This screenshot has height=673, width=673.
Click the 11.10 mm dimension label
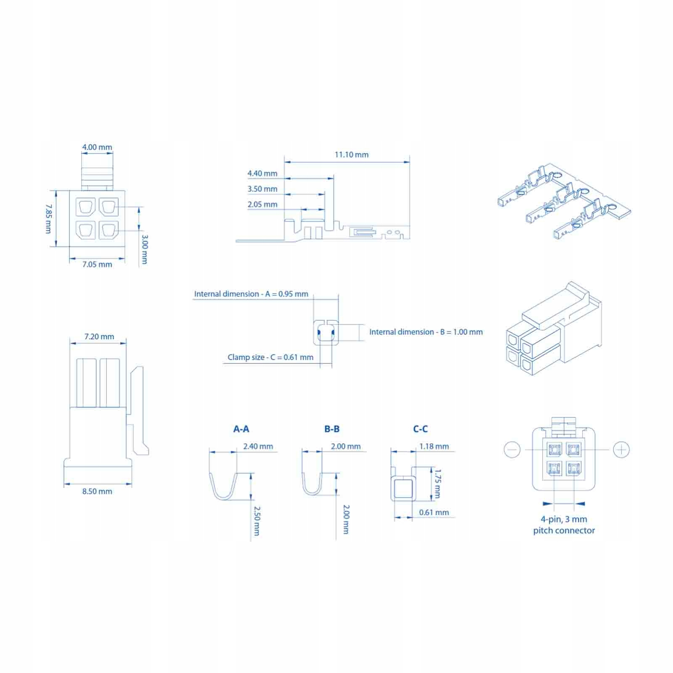click(x=352, y=155)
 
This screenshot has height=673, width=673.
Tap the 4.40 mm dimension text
click(x=262, y=173)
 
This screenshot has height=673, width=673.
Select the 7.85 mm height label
click(x=49, y=219)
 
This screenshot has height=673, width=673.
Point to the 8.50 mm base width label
click(x=97, y=491)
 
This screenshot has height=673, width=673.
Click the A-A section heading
click(x=241, y=429)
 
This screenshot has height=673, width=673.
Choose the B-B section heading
click(x=332, y=429)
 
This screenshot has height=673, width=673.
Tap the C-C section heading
click(x=421, y=429)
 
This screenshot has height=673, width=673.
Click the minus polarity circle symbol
click(x=512, y=450)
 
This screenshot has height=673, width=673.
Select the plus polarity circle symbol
click(x=621, y=450)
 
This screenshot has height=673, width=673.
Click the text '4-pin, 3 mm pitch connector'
click(x=564, y=525)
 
